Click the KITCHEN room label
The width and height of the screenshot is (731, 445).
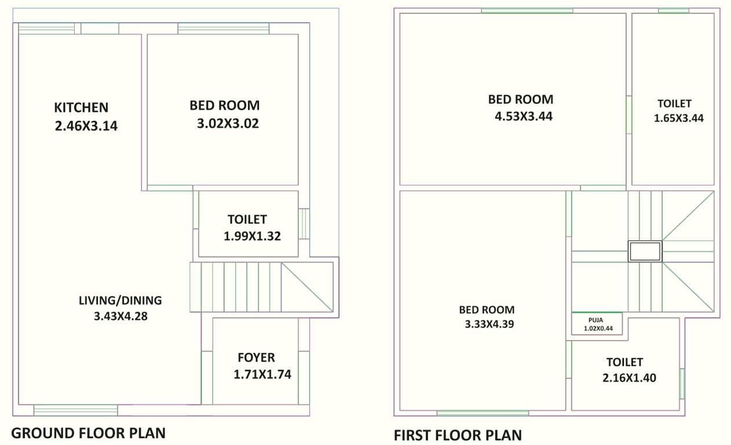tap(81, 107)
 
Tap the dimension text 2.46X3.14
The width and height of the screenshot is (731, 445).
tap(86, 126)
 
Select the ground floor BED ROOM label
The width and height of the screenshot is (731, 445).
tap(224, 105)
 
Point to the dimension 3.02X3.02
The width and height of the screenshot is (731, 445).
tap(228, 123)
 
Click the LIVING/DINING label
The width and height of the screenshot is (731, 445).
tap(120, 300)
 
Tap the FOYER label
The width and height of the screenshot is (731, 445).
tap(256, 358)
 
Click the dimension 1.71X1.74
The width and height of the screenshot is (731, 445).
tap(262, 375)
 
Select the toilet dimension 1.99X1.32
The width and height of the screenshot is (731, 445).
tap(252, 236)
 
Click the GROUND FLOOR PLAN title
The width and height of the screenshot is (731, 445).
tap(89, 433)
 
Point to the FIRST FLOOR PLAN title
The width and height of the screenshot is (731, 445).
tap(458, 435)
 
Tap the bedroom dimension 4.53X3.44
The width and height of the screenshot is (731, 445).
tap(523, 116)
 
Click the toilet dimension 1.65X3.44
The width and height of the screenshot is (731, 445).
tap(679, 118)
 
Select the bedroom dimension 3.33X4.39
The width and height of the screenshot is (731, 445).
tap(489, 324)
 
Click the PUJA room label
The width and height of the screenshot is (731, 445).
tap(596, 319)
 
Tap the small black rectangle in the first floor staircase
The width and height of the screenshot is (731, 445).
tap(645, 251)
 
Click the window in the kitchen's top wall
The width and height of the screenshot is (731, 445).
tap(46, 28)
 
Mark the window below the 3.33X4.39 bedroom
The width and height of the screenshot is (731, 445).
tap(483, 413)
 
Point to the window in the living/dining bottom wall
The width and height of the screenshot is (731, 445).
tap(75, 410)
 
